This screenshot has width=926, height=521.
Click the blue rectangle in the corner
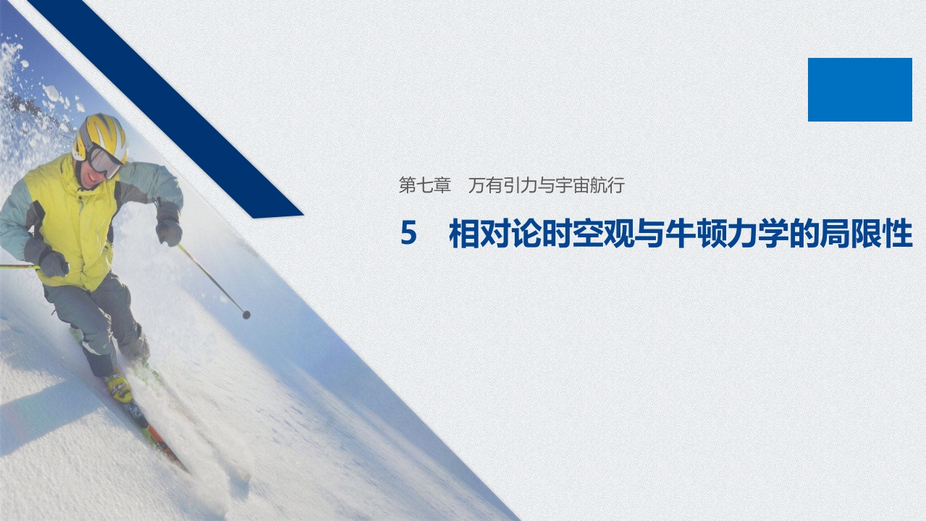pos(859,90)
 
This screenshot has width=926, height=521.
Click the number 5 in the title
pos(409,234)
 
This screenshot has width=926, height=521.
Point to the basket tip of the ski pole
pos(246,314)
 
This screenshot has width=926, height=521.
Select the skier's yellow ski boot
pos(119,386)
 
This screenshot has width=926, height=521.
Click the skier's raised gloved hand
pos(169,231)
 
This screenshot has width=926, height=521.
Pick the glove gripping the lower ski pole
pos(52,263)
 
